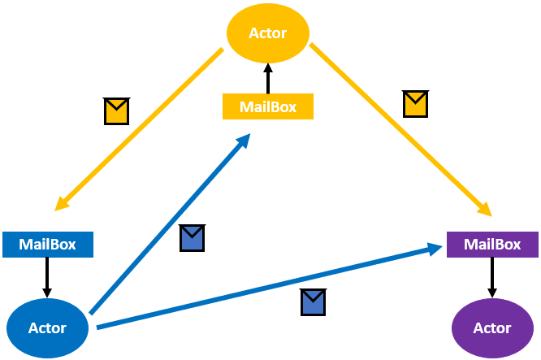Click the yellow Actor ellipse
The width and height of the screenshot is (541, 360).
267,33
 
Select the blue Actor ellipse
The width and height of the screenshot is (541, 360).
47,327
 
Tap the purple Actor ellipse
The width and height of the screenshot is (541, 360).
491,327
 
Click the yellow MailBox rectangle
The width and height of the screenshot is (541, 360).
267,106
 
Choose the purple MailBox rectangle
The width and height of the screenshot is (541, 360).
491,244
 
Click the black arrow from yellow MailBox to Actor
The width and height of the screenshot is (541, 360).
267,80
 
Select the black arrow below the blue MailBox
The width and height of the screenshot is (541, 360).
47,276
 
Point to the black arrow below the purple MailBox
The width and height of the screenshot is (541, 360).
491,276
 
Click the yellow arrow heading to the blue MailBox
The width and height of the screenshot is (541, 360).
138,129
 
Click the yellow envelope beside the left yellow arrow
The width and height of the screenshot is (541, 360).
117,111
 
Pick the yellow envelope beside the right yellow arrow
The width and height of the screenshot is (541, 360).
416,104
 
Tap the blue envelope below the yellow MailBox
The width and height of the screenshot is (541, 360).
192,237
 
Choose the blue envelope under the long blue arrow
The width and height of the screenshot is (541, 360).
313,301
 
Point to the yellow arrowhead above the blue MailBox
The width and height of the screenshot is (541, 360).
63,204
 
